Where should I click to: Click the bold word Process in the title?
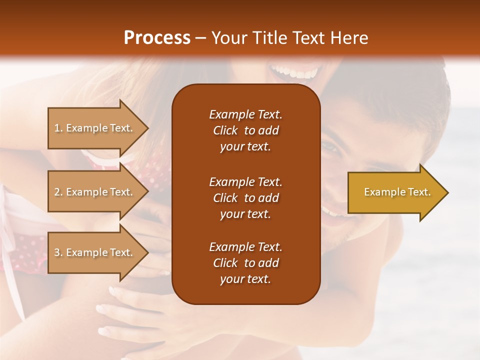pos(157,38)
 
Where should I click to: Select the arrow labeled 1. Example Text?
pos(95,128)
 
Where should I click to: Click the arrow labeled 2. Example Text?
pos(95,192)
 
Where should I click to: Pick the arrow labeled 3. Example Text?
pos(95,252)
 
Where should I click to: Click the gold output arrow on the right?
pos(395,192)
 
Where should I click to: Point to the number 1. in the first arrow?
pos(58,128)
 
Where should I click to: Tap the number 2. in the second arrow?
pos(58,192)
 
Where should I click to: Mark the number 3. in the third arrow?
pos(58,252)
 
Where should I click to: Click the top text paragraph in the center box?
pos(245,130)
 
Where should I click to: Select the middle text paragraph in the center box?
pos(245,198)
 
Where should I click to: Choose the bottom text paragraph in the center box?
pos(245,263)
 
